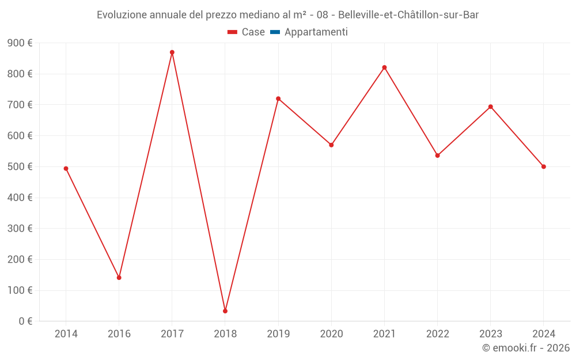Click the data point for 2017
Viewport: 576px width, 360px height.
[172, 52]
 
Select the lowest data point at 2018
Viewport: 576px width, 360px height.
[225, 311]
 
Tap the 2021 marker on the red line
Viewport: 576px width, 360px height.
[384, 67]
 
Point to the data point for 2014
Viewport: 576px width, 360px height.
[66, 169]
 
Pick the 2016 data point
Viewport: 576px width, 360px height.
[119, 278]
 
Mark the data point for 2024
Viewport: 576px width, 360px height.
[544, 166]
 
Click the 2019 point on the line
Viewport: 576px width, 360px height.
[278, 98]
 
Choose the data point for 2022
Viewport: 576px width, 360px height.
[438, 156]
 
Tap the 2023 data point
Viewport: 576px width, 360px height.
[491, 107]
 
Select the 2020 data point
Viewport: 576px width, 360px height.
[331, 145]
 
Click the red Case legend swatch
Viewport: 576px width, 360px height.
[233, 32]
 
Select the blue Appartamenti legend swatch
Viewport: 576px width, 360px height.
[275, 32]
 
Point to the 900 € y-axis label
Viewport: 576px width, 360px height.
[20, 43]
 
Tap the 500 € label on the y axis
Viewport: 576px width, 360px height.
[20, 166]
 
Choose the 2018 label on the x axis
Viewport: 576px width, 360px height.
[225, 334]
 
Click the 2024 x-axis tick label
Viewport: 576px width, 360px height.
[544, 334]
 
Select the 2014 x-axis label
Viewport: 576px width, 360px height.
[66, 334]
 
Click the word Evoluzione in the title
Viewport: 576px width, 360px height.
[121, 15]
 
